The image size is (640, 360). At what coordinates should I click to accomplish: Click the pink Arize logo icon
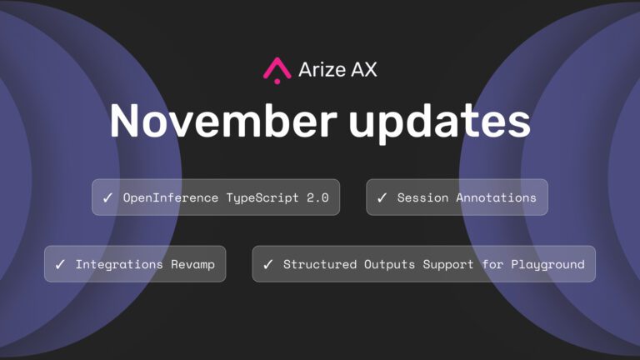(277, 70)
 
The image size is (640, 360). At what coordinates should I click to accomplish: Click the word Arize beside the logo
(322, 69)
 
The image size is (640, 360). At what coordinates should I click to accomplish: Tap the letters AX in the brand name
(364, 69)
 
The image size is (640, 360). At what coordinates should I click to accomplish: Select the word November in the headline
(223, 120)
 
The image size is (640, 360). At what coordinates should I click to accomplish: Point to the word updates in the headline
(440, 122)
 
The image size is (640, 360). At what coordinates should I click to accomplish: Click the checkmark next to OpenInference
(107, 198)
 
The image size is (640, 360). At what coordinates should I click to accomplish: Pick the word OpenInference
(171, 197)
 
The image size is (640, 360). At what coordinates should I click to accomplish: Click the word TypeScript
(262, 198)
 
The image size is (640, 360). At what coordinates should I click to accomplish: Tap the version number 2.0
(317, 197)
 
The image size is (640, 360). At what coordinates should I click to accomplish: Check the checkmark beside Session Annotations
(382, 198)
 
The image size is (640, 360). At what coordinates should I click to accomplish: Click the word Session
(422, 197)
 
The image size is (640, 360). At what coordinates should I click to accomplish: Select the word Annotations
(496, 197)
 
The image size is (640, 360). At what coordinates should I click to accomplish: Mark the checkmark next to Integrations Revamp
(60, 264)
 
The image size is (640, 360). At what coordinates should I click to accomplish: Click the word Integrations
(119, 265)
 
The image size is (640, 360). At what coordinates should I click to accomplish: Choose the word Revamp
(192, 265)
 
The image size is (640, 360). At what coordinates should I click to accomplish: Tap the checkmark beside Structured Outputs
(267, 264)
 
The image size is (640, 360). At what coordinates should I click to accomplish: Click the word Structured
(320, 264)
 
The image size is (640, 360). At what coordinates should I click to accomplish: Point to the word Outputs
(389, 265)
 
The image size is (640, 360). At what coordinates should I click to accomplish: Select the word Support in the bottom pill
(448, 265)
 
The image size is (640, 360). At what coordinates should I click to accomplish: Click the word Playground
(547, 265)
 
